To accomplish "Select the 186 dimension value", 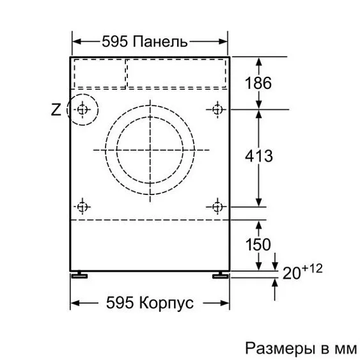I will pos(258,82).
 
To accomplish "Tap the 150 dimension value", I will pos(257,244).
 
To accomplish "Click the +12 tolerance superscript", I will pos(312,269).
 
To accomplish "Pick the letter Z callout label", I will pos(56,109).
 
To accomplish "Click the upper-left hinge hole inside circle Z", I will pos(82,110).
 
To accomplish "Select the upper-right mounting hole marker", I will pos(217,109).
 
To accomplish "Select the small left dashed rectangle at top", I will pos(99,72).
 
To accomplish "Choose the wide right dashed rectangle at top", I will pos(176,72).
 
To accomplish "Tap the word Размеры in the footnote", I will pos(274,348).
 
